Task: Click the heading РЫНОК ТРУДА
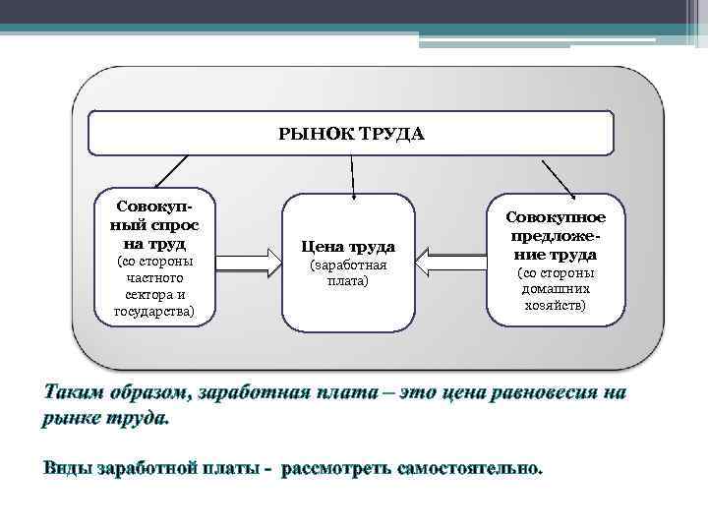(x=351, y=134)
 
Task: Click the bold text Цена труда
(x=348, y=247)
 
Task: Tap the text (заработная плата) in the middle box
(x=348, y=272)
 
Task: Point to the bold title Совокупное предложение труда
(x=556, y=235)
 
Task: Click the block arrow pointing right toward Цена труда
(x=248, y=264)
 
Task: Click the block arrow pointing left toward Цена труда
(x=449, y=264)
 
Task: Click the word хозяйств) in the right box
(x=556, y=306)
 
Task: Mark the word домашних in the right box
(x=556, y=289)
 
